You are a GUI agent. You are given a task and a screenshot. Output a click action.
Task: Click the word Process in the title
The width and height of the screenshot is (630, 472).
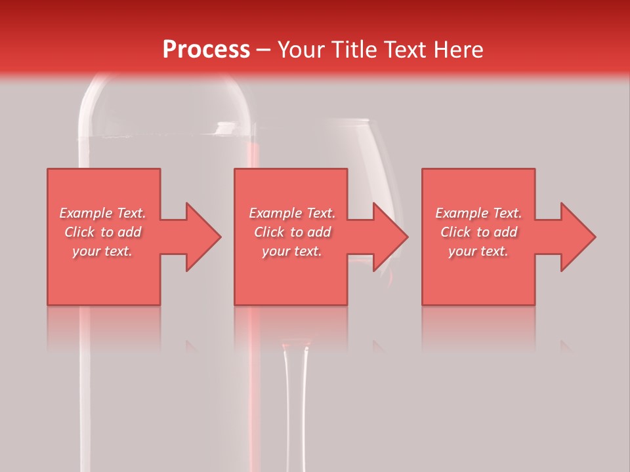tap(206, 49)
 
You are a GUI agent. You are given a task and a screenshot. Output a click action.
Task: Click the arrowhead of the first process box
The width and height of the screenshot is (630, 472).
tap(200, 237)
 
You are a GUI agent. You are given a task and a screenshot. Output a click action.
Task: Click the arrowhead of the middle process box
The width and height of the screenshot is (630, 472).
tap(387, 237)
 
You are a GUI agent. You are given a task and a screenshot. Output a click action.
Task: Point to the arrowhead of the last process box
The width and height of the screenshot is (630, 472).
tap(575, 237)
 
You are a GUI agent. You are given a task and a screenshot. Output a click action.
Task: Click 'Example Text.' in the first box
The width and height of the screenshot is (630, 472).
tap(102, 213)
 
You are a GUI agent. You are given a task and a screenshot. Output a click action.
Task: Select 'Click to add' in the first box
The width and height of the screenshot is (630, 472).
tap(102, 232)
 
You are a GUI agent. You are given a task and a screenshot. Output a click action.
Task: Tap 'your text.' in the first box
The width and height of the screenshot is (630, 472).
tap(102, 251)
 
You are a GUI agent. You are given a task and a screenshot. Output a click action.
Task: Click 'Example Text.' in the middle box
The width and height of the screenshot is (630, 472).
tap(292, 213)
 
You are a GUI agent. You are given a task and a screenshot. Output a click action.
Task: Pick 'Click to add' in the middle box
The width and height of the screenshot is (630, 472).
tap(292, 232)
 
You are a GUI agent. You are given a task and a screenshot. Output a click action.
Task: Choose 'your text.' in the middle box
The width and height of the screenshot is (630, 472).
tap(292, 251)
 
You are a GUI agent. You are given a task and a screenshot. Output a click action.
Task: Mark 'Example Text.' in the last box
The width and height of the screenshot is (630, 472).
tap(478, 213)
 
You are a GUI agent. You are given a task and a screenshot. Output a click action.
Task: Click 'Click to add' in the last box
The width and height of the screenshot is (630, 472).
tap(478, 232)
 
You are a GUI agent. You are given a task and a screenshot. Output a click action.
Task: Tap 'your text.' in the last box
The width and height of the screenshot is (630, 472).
tap(478, 251)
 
